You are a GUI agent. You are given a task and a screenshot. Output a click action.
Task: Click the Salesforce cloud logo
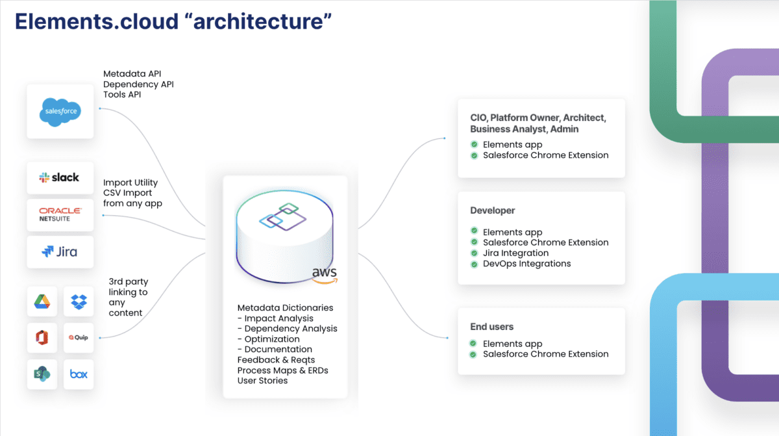(x=60, y=112)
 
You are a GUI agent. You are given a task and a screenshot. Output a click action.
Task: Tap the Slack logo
(x=59, y=177)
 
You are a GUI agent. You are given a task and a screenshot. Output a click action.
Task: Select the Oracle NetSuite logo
(x=60, y=214)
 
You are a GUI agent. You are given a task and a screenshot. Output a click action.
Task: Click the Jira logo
(x=60, y=251)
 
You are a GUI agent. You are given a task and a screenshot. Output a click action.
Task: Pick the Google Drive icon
(x=42, y=301)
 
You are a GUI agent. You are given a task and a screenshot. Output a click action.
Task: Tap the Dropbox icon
(x=79, y=302)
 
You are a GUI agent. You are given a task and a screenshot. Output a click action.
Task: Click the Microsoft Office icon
(x=42, y=337)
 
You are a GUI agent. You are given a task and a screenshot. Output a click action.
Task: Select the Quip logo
(x=79, y=337)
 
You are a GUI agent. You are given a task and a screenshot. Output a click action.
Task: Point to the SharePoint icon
(x=42, y=374)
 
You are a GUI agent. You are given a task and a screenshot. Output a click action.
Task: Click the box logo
(x=79, y=374)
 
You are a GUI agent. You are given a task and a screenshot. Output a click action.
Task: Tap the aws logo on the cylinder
(x=325, y=276)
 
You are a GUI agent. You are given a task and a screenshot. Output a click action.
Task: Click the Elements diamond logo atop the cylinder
(x=283, y=216)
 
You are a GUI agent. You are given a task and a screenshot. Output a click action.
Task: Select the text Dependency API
(x=138, y=84)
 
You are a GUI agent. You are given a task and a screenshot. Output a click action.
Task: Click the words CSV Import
(x=128, y=193)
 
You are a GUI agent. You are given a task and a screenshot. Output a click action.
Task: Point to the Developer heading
(x=493, y=211)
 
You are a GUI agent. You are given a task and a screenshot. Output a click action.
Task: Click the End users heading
(x=492, y=327)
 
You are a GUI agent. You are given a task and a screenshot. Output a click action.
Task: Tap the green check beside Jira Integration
(x=474, y=253)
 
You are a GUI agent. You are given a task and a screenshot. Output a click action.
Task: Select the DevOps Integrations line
(x=527, y=264)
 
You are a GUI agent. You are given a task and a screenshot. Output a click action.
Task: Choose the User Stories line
(x=262, y=381)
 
